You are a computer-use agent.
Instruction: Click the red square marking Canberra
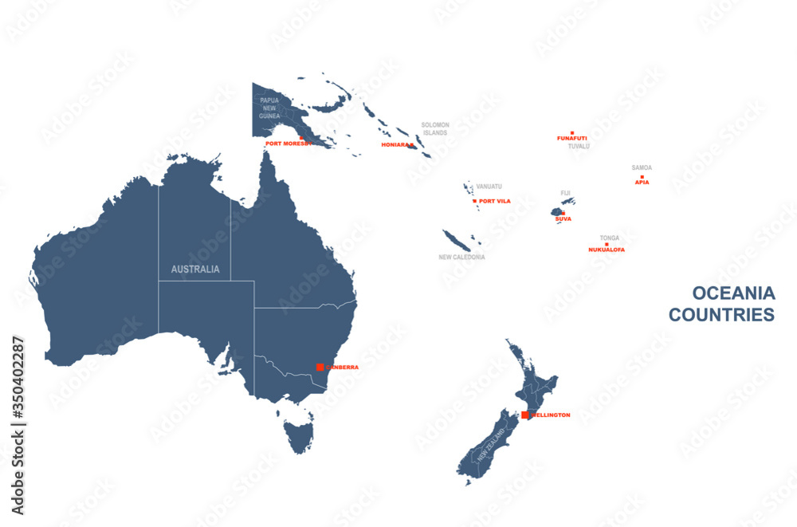320,367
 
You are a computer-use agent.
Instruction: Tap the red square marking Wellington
524,415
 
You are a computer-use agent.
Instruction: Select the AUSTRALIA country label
195,269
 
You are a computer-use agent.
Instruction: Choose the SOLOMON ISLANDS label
435,128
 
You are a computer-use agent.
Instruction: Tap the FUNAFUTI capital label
572,138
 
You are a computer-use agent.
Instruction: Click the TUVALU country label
579,147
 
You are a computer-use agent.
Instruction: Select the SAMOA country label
642,167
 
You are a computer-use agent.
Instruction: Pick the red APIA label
642,182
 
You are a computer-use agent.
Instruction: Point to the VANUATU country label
489,187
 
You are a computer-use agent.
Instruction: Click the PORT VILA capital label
494,201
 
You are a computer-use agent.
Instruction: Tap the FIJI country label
566,193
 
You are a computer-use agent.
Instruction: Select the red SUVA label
563,218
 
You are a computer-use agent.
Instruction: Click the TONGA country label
610,238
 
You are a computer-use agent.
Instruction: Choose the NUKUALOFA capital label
607,250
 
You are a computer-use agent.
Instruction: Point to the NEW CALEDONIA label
461,258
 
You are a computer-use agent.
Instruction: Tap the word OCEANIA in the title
733,293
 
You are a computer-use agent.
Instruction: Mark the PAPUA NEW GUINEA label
269,108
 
